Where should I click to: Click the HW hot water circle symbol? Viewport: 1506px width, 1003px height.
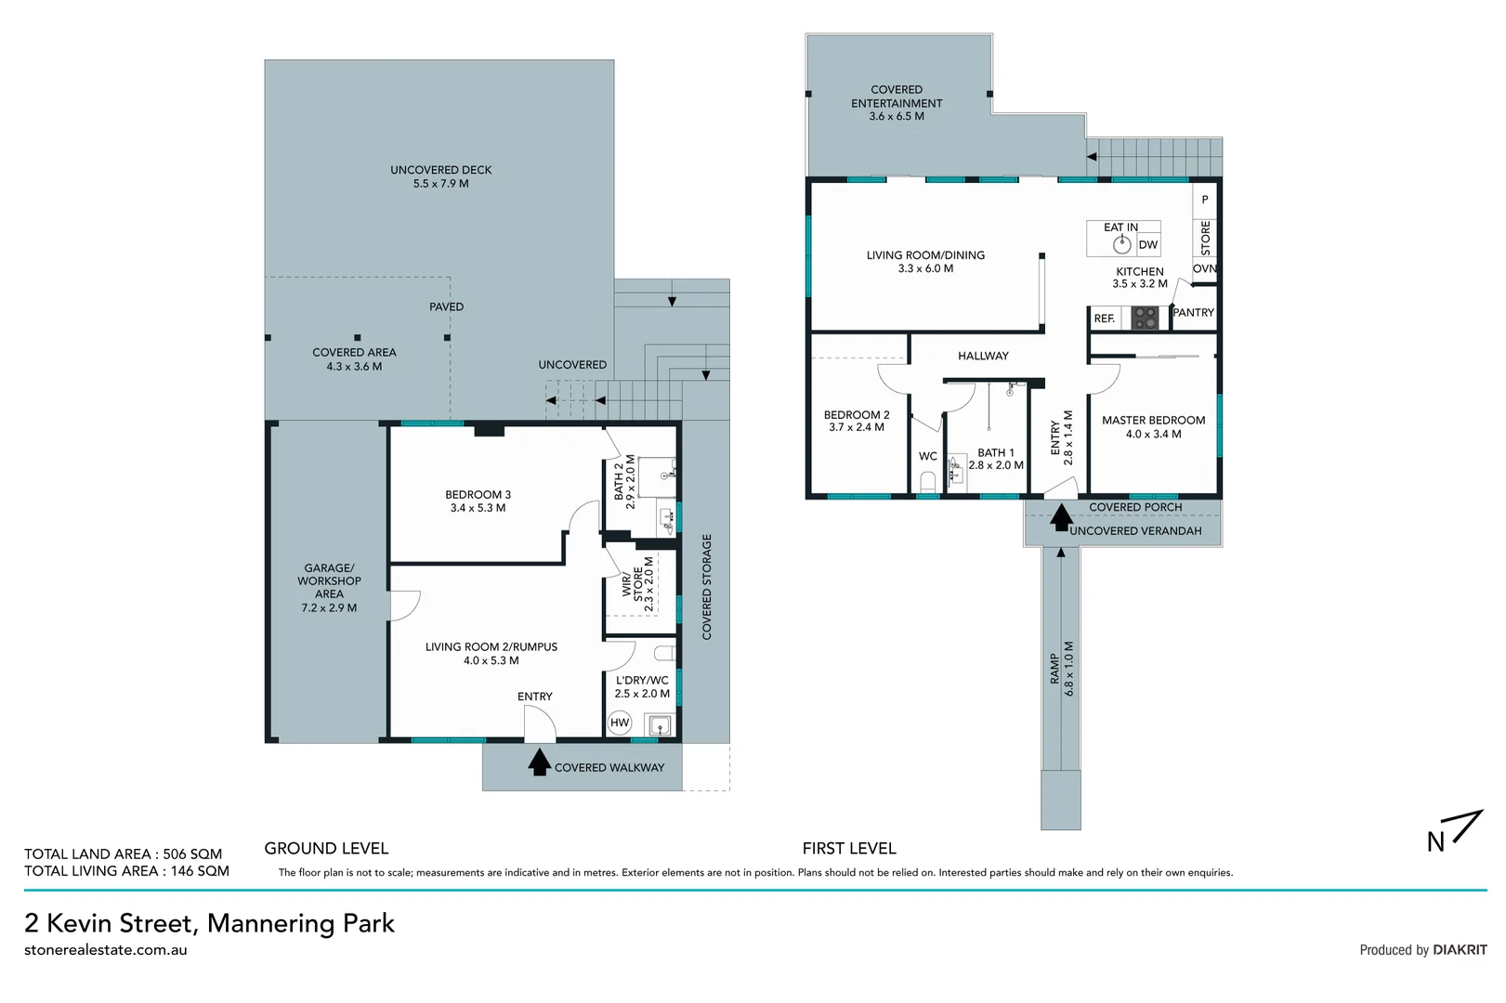[619, 723]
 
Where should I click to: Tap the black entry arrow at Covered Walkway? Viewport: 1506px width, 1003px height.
[539, 762]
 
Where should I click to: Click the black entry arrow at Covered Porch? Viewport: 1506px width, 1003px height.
[1061, 517]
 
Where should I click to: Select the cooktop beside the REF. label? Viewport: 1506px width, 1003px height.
[1145, 318]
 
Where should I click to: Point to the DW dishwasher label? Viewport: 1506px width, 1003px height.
[1148, 244]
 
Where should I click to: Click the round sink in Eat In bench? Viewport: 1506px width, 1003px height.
[1122, 244]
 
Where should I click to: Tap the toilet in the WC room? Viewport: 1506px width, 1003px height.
[928, 482]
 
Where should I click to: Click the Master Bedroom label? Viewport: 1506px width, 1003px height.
[1154, 427]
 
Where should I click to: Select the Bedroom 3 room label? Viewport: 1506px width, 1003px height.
[478, 501]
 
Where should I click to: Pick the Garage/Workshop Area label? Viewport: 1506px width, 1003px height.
[330, 588]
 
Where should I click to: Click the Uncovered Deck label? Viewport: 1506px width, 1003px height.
[441, 176]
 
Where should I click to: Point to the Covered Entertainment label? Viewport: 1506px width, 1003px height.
[897, 103]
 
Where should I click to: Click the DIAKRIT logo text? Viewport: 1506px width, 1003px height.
[1460, 950]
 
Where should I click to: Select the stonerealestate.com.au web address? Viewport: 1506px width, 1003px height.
[106, 950]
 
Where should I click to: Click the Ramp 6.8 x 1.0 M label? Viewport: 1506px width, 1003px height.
[1062, 669]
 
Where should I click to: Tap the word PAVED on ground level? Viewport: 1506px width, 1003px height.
[447, 306]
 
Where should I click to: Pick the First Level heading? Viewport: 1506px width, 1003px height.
[849, 849]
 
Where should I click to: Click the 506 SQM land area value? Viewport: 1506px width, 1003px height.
[192, 853]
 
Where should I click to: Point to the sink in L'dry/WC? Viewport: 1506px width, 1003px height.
[659, 725]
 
